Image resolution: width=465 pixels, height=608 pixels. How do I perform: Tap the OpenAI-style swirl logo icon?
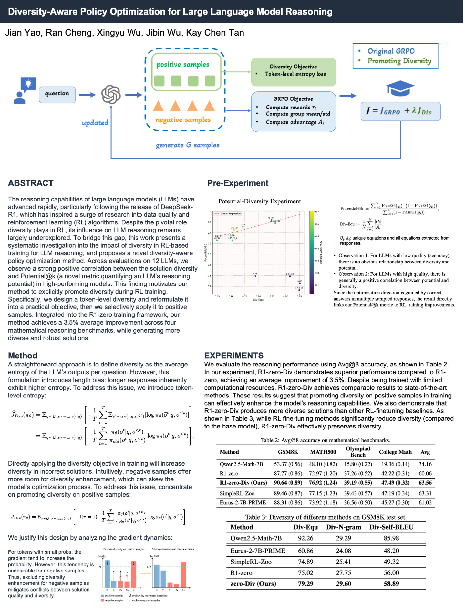[x=111, y=94]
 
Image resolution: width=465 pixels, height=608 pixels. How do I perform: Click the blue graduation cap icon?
[x=400, y=88]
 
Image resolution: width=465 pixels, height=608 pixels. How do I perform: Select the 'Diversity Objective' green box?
[x=293, y=72]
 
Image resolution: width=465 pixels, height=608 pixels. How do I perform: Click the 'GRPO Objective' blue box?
[x=293, y=111]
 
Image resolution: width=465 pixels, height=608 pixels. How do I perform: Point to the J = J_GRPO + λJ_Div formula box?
[x=400, y=111]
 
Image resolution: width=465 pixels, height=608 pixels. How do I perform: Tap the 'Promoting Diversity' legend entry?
[x=399, y=61]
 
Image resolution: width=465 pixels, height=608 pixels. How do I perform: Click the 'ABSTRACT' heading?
[x=31, y=183]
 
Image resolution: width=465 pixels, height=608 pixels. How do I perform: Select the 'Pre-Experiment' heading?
[x=238, y=183]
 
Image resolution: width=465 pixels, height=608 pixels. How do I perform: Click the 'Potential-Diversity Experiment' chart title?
[x=259, y=201]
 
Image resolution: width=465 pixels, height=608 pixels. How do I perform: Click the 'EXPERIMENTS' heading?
[x=234, y=356]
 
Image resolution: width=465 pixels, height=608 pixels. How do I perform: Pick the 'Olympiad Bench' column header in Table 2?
[x=358, y=452]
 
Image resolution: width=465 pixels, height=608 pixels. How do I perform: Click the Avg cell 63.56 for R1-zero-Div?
[x=425, y=483]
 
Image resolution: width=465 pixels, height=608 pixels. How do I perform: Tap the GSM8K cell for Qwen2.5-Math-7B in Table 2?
[x=288, y=464]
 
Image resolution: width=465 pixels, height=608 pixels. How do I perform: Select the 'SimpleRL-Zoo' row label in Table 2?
[x=237, y=493]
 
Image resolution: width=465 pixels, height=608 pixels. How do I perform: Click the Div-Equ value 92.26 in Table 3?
[x=305, y=538]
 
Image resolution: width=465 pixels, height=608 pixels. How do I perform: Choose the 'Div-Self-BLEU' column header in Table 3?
[x=391, y=527]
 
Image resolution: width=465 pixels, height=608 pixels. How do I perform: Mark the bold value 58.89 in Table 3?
[x=391, y=583]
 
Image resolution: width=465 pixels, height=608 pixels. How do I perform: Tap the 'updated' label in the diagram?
[x=95, y=123]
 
